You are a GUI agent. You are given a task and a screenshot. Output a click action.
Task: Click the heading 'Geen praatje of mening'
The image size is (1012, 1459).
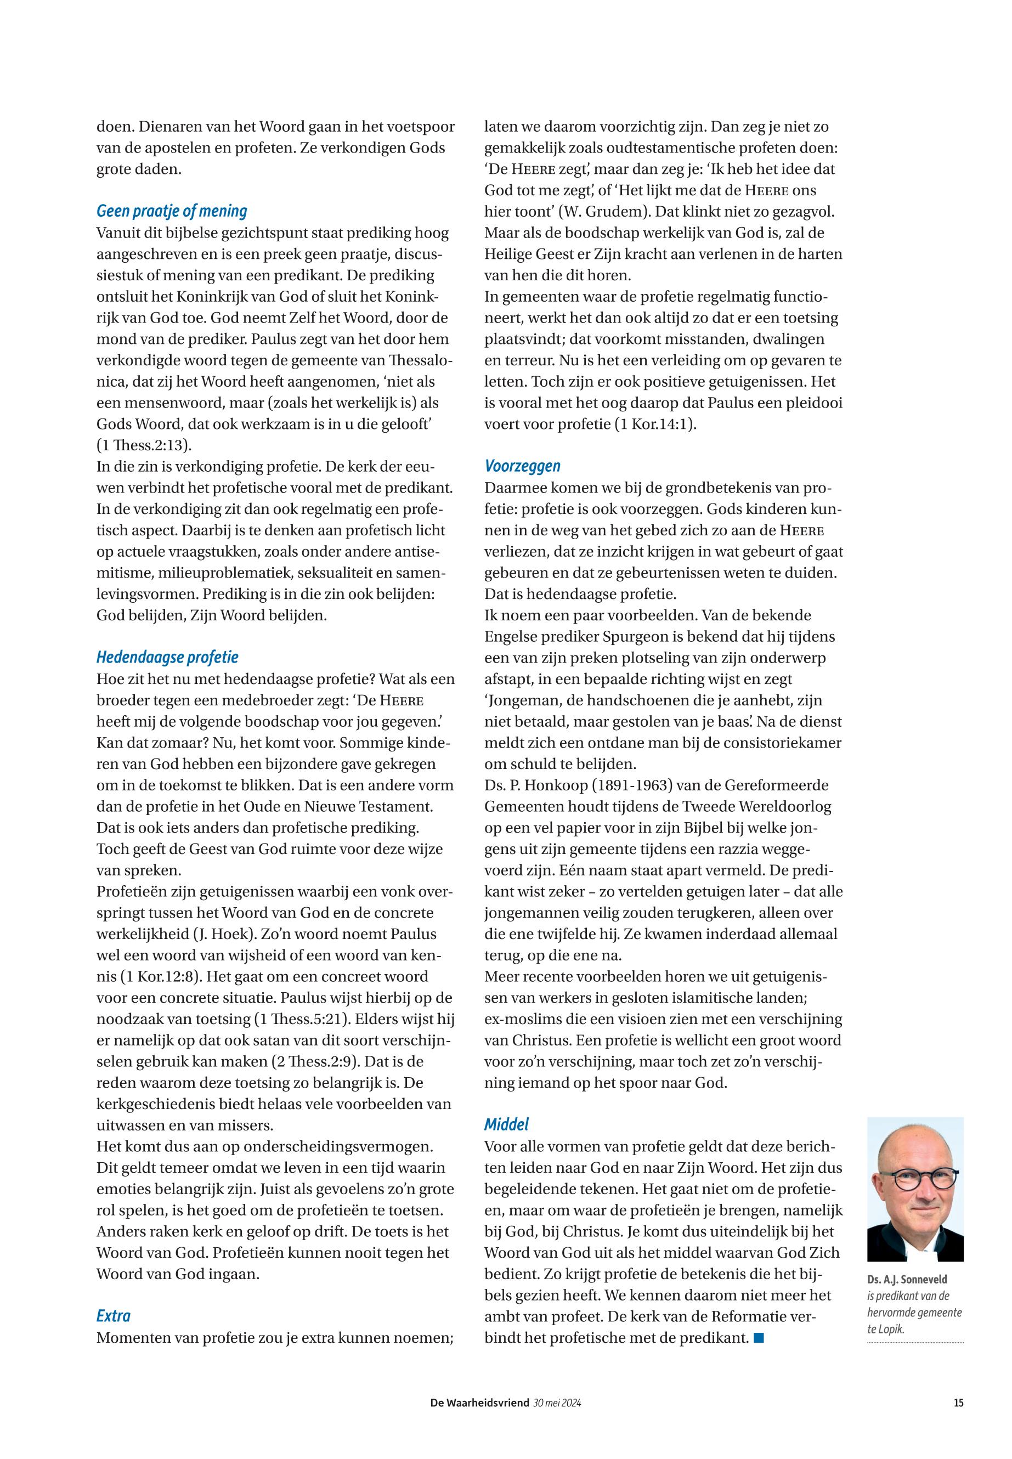coord(171,211)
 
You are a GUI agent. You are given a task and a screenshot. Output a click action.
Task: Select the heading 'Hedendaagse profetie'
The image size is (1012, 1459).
coord(167,657)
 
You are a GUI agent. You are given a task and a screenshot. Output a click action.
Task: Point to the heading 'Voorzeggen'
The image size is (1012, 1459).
coord(523,466)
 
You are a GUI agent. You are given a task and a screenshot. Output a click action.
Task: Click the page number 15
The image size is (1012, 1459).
coord(958,1403)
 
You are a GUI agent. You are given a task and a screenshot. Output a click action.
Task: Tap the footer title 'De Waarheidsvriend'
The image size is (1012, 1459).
coord(479,1403)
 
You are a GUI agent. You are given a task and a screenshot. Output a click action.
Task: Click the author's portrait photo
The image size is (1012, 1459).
coord(915,1190)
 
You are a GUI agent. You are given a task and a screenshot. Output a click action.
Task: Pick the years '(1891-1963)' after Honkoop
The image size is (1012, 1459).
coord(630,785)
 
